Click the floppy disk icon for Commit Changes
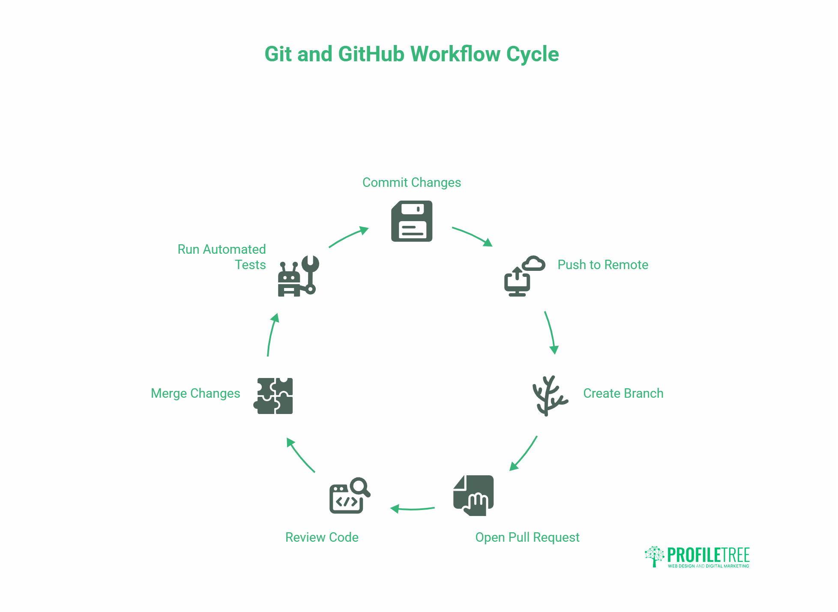[x=412, y=221]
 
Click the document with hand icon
[x=474, y=495]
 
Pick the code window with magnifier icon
[x=349, y=496]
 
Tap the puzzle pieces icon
[x=274, y=396]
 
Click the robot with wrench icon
[x=298, y=276]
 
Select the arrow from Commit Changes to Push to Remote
[x=473, y=236]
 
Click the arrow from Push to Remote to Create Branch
[x=551, y=333]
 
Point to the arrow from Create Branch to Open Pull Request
[x=524, y=454]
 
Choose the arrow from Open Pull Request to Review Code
[x=412, y=509]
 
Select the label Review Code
[x=322, y=537]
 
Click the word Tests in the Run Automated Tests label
[x=250, y=265]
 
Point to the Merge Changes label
[x=195, y=393]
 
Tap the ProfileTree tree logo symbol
[x=654, y=556]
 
